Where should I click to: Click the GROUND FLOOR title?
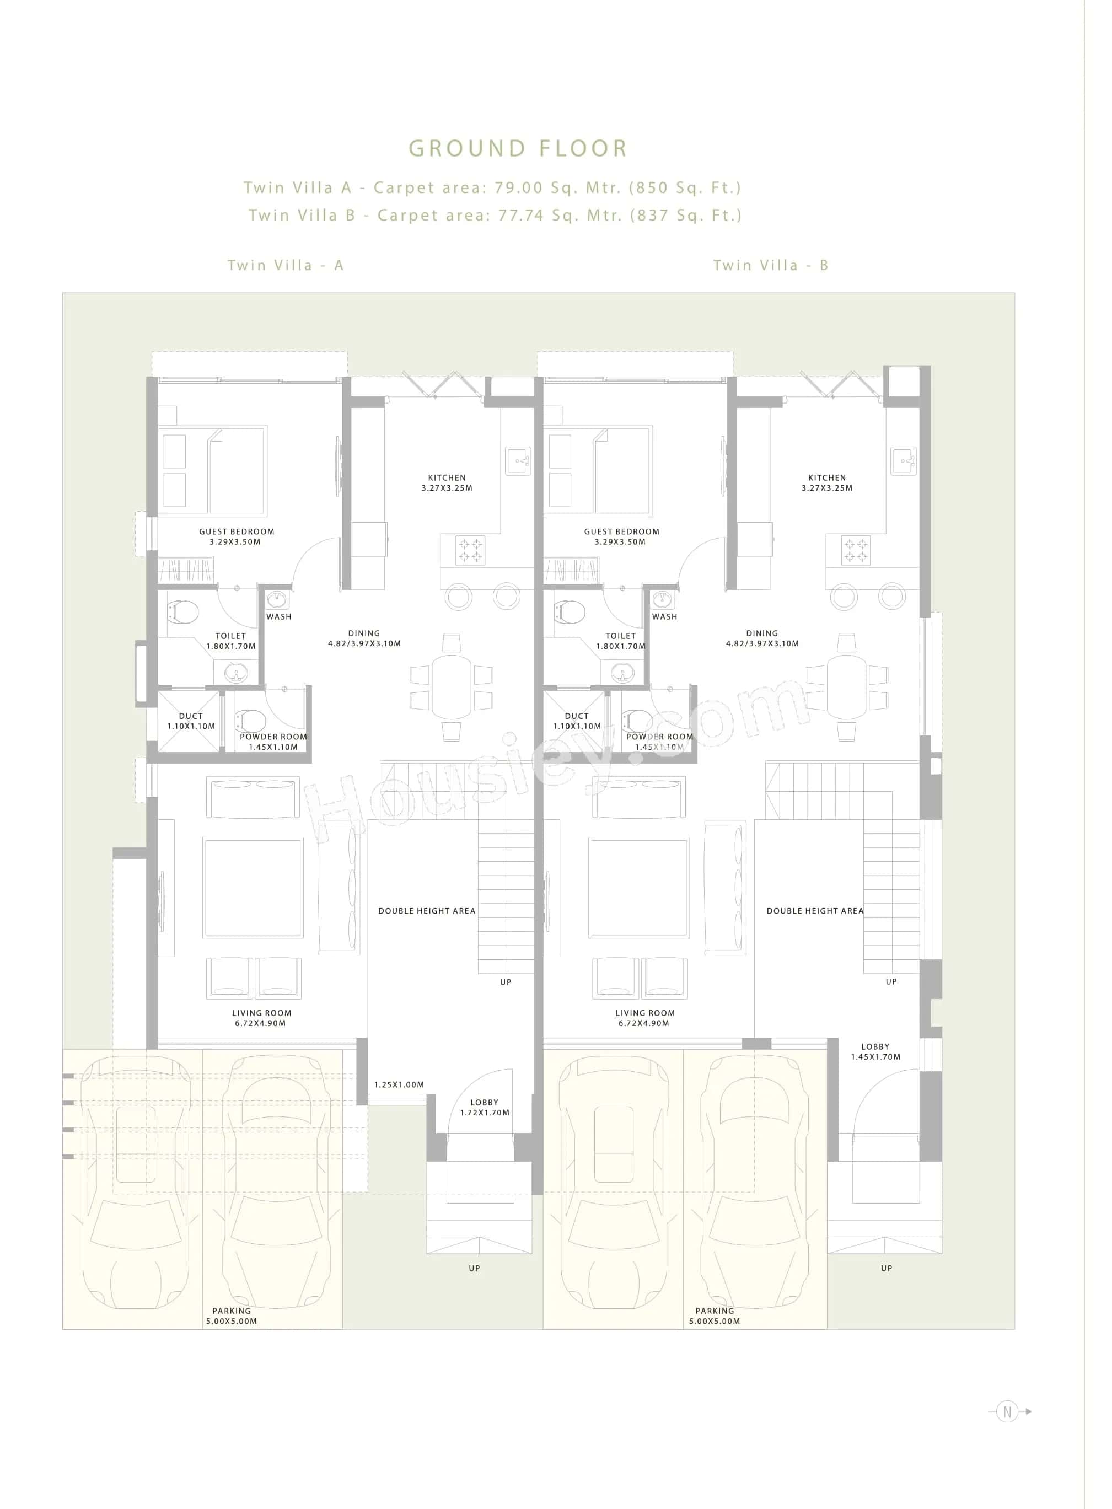518,148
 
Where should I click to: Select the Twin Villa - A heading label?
286,265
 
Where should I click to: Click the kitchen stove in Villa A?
470,550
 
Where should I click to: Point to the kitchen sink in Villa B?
904,461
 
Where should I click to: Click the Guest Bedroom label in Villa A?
237,536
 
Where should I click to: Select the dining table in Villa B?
846,686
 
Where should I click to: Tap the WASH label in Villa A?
278,616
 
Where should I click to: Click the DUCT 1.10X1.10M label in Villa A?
191,721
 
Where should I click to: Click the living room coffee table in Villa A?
253,887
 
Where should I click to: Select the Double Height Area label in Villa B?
814,911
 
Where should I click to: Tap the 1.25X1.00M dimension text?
399,1084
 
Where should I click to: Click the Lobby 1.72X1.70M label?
485,1107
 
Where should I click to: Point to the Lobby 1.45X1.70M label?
875,1051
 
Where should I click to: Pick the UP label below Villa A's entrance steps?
475,1268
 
